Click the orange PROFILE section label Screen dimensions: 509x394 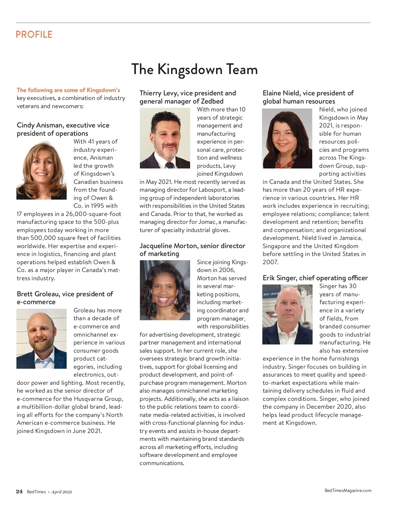34,34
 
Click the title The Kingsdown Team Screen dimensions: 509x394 194,69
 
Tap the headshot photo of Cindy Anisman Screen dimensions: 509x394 41,170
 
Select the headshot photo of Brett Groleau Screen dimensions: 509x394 41,339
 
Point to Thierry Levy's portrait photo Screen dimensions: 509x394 165,138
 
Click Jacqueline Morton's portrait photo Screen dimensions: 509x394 165,290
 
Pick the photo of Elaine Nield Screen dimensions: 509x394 287,138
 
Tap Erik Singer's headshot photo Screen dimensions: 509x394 287,314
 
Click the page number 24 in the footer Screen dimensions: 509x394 19,491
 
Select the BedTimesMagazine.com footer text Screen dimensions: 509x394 348,490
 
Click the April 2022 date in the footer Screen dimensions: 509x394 61,492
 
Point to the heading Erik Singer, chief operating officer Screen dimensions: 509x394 315,278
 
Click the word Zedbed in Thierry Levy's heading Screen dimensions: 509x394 212,101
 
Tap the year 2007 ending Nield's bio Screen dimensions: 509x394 270,262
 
